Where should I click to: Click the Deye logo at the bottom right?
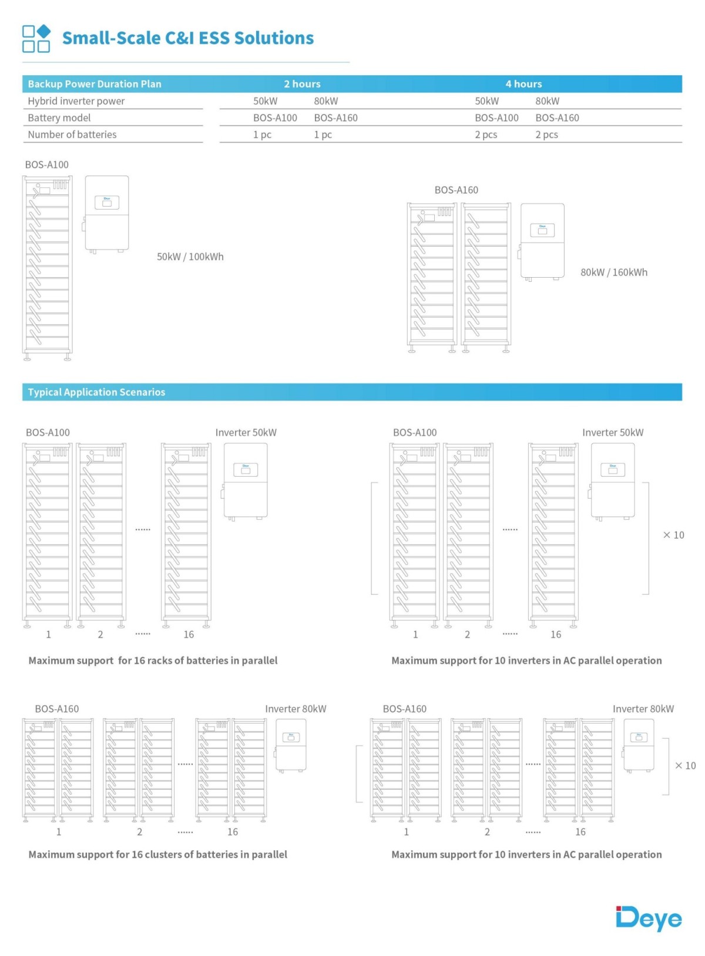[x=649, y=918]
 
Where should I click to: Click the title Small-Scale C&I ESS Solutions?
[x=188, y=38]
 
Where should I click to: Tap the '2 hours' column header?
[x=302, y=84]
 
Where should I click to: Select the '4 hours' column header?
[x=523, y=84]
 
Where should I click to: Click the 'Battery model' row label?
[x=59, y=117]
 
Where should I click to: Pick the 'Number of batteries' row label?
[x=72, y=134]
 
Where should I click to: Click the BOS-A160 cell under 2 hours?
[x=335, y=117]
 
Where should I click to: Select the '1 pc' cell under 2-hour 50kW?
[x=262, y=134]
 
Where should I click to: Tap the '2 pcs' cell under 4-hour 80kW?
[x=546, y=134]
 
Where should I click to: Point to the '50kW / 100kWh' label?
[x=190, y=257]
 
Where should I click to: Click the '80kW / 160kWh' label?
[x=614, y=272]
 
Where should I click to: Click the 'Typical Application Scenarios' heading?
[x=96, y=392]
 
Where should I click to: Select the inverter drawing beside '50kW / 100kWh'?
[x=106, y=214]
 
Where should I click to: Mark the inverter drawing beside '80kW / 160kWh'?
[x=542, y=241]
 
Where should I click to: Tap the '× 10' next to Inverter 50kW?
[x=673, y=535]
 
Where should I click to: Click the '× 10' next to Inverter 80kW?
[x=685, y=766]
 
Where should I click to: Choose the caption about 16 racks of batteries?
[x=153, y=661]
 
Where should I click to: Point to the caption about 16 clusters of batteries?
[x=157, y=854]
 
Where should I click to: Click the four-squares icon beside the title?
[x=36, y=39]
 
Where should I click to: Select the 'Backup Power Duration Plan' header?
[x=95, y=84]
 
